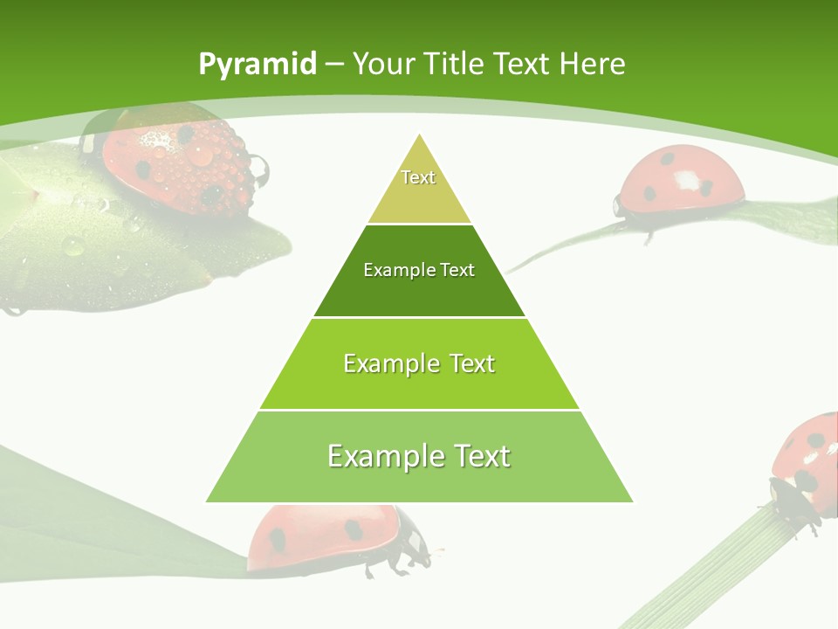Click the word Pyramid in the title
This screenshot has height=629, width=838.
coord(257,65)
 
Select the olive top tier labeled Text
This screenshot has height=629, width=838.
coord(419,188)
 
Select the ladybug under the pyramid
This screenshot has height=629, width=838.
coord(332,537)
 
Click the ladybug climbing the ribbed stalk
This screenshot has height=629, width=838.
coord(807,463)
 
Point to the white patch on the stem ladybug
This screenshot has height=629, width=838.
coord(688,180)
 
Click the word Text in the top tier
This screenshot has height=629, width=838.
coord(418,177)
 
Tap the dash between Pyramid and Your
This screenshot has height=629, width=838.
coord(335,65)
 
